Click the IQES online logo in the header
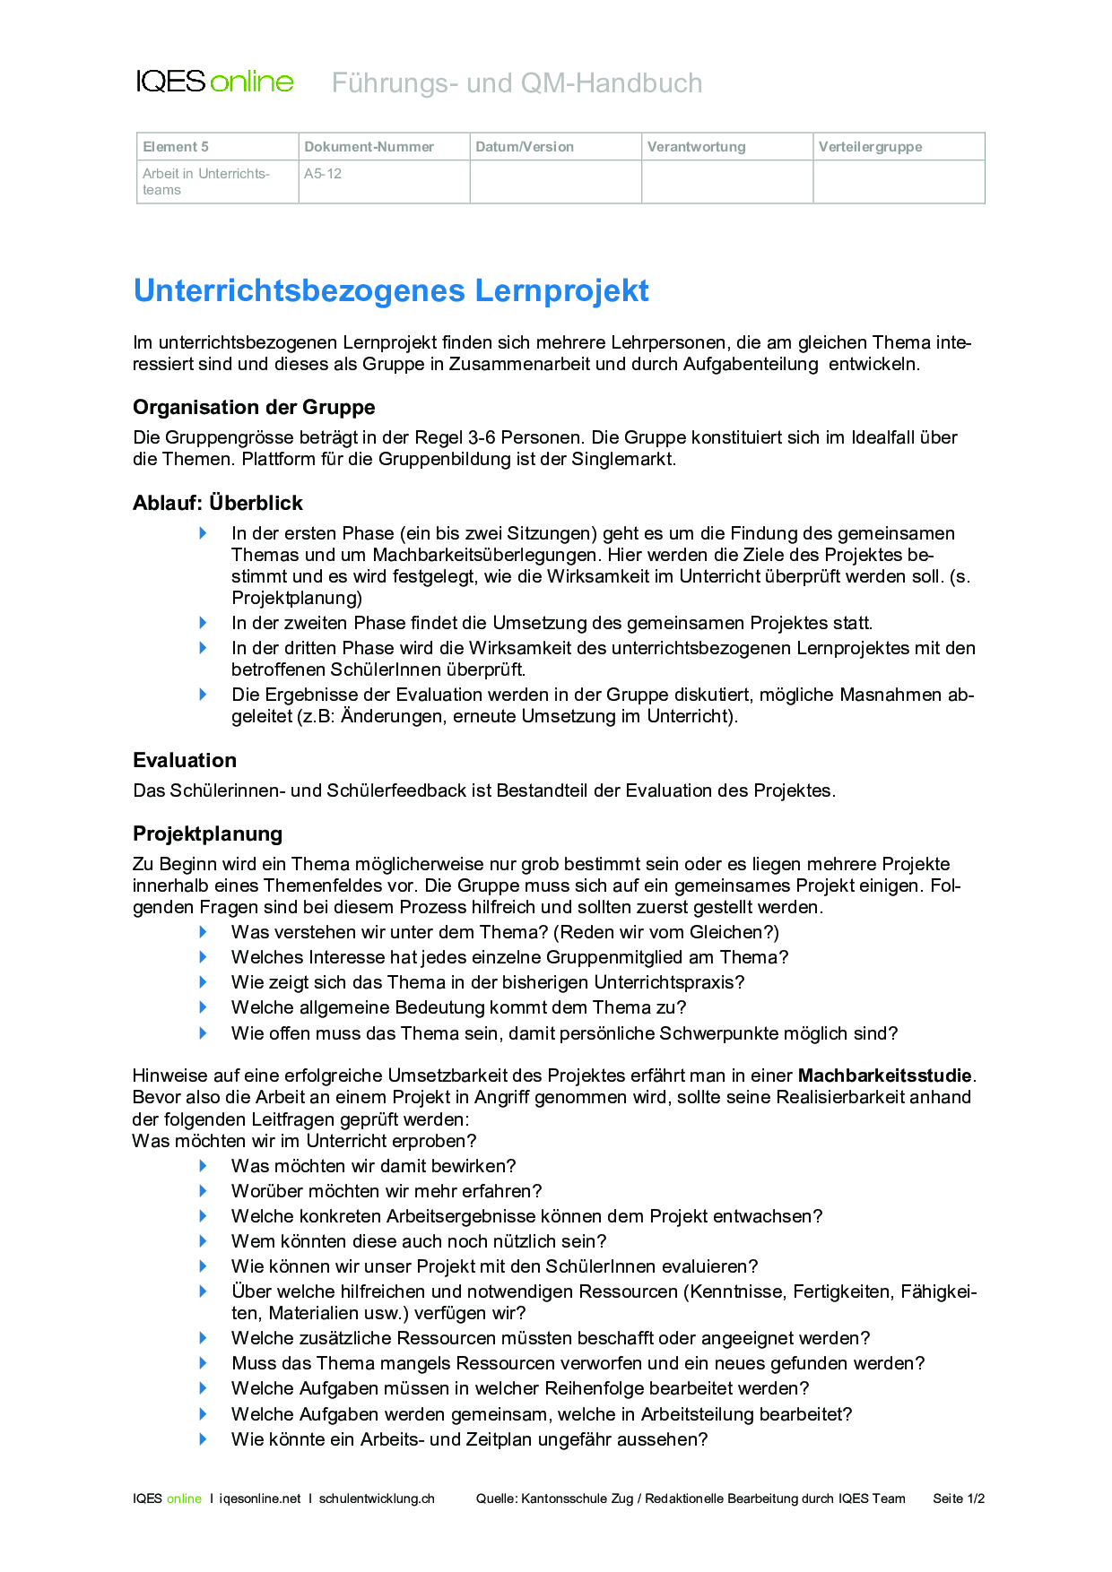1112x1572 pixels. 214,82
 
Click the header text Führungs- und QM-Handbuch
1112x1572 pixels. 517,82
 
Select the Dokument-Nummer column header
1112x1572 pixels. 369,147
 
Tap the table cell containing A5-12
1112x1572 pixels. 323,174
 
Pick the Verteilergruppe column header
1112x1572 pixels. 870,147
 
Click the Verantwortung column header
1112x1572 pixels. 696,147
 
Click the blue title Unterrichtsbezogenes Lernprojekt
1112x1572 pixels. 391,290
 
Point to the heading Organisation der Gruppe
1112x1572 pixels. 254,407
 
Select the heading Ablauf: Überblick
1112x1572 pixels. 218,503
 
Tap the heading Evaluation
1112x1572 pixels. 185,760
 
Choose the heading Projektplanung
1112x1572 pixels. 207,834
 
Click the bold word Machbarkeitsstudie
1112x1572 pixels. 885,1075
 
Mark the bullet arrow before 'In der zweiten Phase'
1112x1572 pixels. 204,623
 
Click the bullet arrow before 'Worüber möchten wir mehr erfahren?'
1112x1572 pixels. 204,1191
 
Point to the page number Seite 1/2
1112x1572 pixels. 959,1499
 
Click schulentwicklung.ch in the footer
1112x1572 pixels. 377,1499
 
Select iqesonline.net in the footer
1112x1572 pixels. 260,1499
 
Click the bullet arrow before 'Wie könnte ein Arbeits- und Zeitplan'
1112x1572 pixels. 204,1439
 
